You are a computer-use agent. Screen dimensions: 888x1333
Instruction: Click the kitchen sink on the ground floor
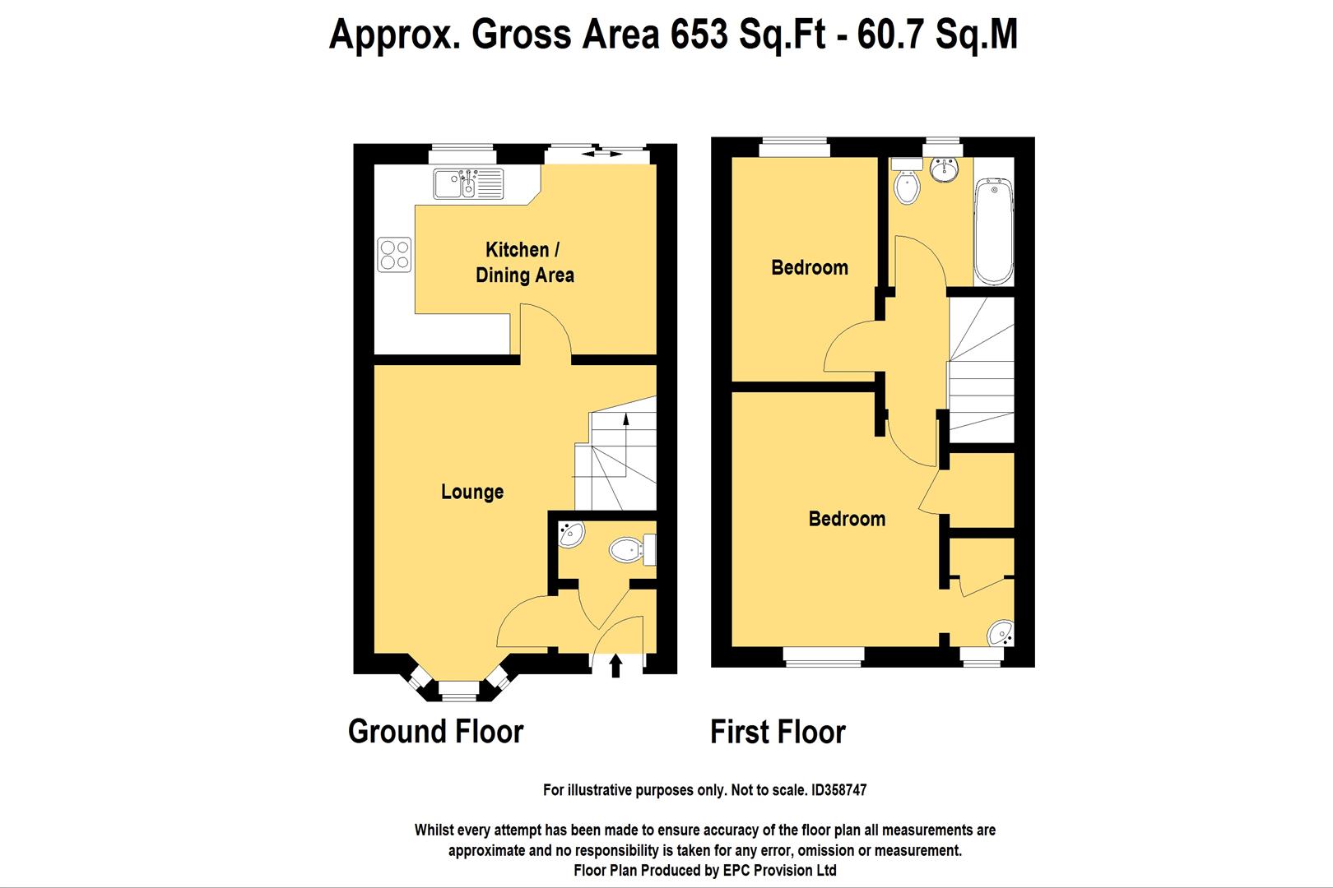(467, 183)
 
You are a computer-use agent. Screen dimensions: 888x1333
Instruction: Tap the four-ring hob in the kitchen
(394, 254)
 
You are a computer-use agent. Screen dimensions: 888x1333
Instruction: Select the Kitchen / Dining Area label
(524, 262)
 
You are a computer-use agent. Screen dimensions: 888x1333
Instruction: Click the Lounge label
(472, 492)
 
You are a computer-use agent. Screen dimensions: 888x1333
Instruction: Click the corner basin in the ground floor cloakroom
(570, 535)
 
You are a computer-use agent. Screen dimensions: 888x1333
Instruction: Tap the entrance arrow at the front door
(615, 664)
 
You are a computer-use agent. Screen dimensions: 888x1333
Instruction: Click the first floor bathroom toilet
(906, 186)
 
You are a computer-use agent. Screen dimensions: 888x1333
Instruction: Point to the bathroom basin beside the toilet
(944, 171)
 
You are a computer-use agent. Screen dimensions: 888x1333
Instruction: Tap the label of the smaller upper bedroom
(810, 267)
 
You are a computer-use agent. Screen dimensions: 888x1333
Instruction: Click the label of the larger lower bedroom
(847, 519)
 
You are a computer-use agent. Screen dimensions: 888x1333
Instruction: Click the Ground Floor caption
(435, 731)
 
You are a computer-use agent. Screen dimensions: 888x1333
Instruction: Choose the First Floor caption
(778, 732)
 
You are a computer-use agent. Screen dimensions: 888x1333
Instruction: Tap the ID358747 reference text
(838, 790)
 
